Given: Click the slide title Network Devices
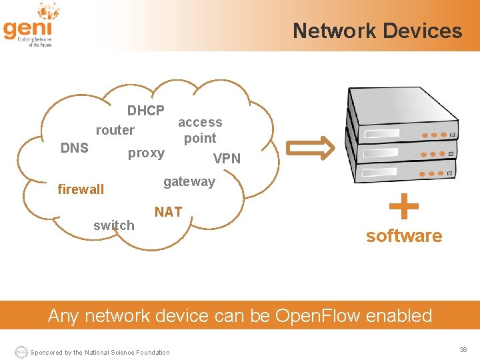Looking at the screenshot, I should [377, 31].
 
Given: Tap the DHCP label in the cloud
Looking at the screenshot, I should [146, 110].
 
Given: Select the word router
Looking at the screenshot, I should [115, 130].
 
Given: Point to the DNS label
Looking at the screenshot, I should [74, 148].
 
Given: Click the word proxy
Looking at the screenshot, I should [146, 153].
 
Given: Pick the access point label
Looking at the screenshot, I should [200, 130].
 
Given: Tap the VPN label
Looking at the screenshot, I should [227, 159].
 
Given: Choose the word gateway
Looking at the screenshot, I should [189, 181].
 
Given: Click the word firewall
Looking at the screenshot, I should [81, 189].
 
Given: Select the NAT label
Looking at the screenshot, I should [168, 212].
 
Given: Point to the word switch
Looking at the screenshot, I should [113, 225].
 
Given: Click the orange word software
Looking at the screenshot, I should [403, 236].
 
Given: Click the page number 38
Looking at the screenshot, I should [463, 349].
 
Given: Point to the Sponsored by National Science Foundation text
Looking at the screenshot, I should [100, 352].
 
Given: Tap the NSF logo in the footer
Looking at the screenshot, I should [21, 352].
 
